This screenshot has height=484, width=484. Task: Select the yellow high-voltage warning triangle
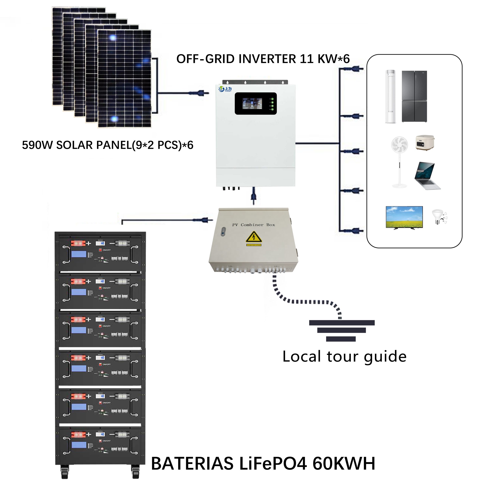[254, 237]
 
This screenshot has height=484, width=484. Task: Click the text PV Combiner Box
[254, 225]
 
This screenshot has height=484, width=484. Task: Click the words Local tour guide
[344, 357]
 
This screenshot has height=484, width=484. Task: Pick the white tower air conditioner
[391, 96]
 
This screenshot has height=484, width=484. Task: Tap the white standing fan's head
[399, 145]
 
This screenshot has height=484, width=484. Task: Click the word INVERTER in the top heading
[267, 59]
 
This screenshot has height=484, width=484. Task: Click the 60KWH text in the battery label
[344, 464]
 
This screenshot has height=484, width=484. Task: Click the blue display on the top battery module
[79, 254]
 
